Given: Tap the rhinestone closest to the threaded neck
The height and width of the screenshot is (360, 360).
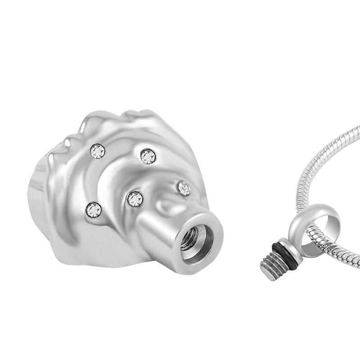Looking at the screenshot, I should (x=184, y=188).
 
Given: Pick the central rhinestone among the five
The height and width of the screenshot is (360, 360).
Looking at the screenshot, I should (x=135, y=198).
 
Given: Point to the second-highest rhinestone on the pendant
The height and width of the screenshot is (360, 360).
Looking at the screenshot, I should (x=148, y=156).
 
